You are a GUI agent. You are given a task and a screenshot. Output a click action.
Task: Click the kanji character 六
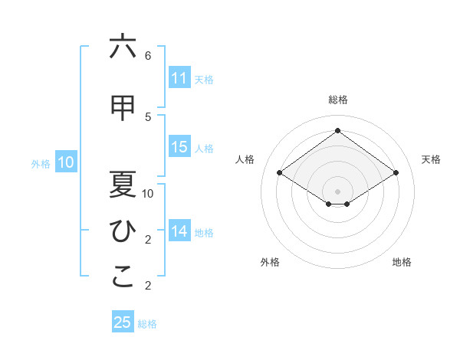point(123,47)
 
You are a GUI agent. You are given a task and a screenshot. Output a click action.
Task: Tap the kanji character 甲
point(123,109)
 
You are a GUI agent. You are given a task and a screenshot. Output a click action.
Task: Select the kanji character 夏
point(123,184)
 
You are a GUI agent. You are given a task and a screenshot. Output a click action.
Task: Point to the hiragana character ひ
point(123,230)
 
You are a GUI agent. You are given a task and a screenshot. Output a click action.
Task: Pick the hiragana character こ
point(123,277)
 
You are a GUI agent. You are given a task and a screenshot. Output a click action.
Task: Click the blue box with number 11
point(179,78)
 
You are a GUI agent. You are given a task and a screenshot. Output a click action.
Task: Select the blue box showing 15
point(179,148)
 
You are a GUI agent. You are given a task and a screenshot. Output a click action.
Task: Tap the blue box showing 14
point(179,231)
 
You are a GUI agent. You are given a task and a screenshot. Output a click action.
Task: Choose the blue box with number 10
point(66,162)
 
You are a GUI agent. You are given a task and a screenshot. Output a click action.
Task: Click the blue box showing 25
point(123,322)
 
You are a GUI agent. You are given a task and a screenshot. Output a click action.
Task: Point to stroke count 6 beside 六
point(148,56)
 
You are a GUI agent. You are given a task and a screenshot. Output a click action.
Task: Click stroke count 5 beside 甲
point(148,116)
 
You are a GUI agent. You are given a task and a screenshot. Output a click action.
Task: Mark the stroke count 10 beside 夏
point(148,194)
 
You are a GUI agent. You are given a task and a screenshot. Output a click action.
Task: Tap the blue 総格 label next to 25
point(148,324)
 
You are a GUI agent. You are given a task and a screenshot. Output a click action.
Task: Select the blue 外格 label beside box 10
point(41,163)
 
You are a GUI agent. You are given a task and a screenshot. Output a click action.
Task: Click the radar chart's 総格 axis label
point(337,100)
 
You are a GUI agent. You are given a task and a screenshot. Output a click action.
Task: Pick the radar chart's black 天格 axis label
point(432,159)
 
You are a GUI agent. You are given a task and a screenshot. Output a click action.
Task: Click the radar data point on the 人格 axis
point(280,173)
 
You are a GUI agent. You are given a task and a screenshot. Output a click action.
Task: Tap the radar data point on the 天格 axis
point(396,173)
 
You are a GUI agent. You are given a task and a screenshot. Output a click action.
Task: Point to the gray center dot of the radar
point(337,190)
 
